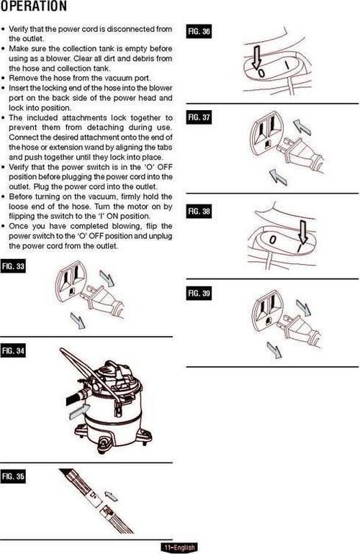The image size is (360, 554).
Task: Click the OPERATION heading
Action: (33, 6)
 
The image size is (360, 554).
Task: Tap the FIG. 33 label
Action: (13, 266)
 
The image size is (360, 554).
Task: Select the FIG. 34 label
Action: (13, 351)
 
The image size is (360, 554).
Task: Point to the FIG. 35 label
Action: (13, 476)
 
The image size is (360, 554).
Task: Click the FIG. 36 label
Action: (199, 32)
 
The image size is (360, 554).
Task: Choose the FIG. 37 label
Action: (199, 117)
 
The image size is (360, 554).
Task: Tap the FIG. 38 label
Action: (199, 212)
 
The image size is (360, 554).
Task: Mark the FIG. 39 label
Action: (199, 294)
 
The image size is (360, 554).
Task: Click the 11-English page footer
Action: (179, 548)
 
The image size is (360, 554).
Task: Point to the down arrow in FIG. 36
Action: (256, 57)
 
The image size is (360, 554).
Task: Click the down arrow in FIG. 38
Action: (302, 232)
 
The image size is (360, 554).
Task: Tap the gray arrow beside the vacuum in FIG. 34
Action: (79, 412)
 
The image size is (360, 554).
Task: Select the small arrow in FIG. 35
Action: (111, 495)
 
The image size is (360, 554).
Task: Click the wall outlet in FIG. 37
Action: (265, 133)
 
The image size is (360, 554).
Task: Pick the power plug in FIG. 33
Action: (101, 296)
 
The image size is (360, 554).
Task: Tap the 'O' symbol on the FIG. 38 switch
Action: (272, 240)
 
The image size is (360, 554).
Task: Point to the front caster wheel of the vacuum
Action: (105, 443)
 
